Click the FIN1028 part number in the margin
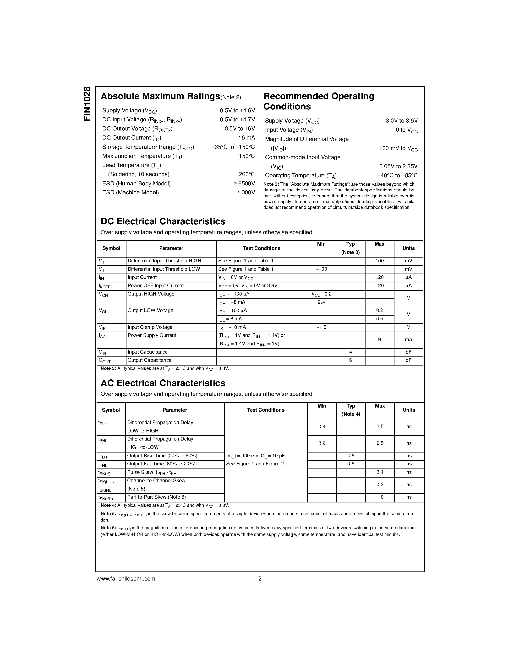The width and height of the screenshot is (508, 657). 87,104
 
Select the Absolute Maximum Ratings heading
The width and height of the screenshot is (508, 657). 160,96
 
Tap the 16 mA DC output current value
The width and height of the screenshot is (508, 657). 246,138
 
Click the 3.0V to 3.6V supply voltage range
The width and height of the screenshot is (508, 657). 401,121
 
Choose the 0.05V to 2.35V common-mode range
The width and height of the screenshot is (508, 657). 398,166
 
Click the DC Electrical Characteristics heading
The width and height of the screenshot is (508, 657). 163,221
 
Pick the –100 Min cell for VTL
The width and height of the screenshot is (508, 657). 321,269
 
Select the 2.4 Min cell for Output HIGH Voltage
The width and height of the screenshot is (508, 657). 321,302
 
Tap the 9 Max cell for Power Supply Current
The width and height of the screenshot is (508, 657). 379,340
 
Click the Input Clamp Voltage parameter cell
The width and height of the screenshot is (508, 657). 150,327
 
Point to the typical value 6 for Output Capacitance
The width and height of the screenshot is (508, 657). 350,360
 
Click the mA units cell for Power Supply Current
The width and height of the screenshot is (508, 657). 408,340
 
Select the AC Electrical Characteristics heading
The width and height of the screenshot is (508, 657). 163,383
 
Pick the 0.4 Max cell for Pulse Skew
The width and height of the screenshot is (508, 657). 380,472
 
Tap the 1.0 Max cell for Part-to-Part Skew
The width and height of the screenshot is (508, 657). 380,497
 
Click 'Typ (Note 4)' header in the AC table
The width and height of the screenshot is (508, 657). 351,410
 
